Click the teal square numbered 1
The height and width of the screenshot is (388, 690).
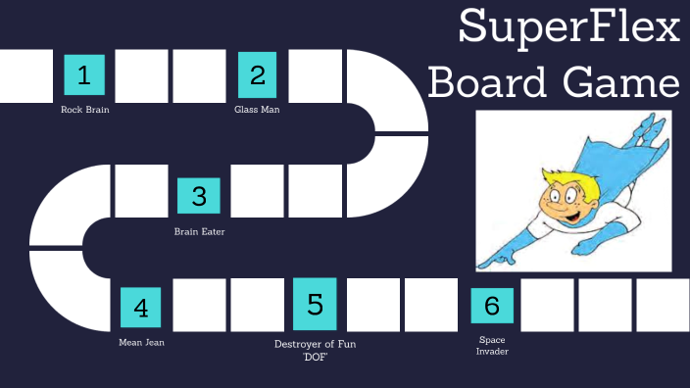[x=84, y=74]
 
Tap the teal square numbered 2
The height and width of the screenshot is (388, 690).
[x=258, y=74]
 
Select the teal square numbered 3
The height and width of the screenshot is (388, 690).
[x=199, y=195]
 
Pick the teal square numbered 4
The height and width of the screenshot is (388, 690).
[x=141, y=308]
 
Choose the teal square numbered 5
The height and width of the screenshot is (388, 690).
[x=315, y=304]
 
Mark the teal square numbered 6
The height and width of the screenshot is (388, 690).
[x=492, y=306]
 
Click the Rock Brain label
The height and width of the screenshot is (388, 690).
[x=84, y=110]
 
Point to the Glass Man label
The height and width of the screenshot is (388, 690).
[x=257, y=110]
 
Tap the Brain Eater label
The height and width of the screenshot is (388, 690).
[x=199, y=231]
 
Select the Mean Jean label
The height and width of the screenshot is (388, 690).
[x=141, y=343]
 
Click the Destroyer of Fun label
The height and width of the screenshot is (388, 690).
[x=315, y=344]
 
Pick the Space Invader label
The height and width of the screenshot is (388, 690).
[x=492, y=345]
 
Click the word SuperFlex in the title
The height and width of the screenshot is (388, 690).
[x=568, y=27]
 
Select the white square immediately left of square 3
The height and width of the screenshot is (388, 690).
[x=141, y=191]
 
